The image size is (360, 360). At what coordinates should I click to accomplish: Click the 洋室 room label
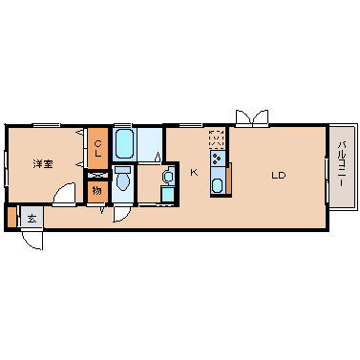tap(43, 164)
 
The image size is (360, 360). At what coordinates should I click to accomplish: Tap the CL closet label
tap(98, 148)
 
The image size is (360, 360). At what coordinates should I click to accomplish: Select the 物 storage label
tap(97, 191)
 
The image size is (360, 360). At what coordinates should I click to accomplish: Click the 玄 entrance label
tap(32, 219)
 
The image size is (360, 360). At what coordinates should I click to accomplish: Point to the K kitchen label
tap(194, 173)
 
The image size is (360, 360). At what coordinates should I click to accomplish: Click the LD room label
tap(279, 175)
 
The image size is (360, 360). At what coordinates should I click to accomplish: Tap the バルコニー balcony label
tap(342, 164)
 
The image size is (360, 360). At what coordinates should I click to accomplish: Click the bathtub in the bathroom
tap(124, 144)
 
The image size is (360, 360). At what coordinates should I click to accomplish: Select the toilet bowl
tap(122, 179)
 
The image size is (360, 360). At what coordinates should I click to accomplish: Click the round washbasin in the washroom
tap(168, 176)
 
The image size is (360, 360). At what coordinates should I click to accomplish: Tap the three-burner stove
tap(218, 159)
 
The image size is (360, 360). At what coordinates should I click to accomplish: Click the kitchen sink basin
tap(218, 185)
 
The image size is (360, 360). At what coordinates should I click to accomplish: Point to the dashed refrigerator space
tap(217, 138)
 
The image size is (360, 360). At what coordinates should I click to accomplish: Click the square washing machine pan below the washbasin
tap(168, 194)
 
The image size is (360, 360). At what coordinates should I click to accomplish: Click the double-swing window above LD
tap(252, 118)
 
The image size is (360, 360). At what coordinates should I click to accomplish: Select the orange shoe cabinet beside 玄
tap(11, 218)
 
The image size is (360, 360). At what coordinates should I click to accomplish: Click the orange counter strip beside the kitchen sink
tap(228, 178)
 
